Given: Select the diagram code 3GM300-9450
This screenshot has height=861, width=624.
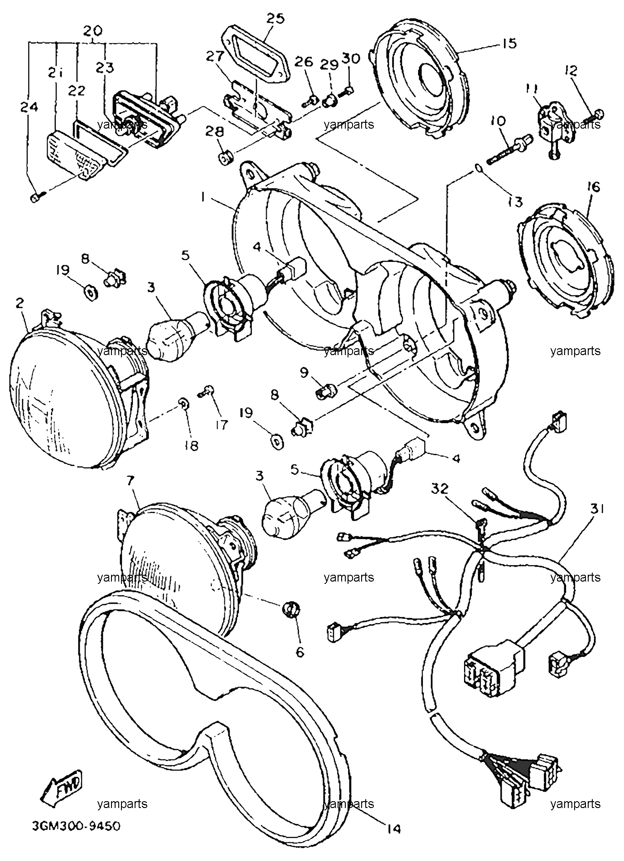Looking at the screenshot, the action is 76,827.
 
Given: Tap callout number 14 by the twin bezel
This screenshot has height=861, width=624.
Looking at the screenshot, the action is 394,828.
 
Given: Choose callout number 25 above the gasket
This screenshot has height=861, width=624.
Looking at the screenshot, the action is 275,19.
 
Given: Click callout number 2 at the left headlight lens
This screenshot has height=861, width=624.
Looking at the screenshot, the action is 19,303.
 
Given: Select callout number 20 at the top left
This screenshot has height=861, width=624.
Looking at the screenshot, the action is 92,31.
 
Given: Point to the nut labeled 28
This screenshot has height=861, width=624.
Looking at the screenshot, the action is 225,159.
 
